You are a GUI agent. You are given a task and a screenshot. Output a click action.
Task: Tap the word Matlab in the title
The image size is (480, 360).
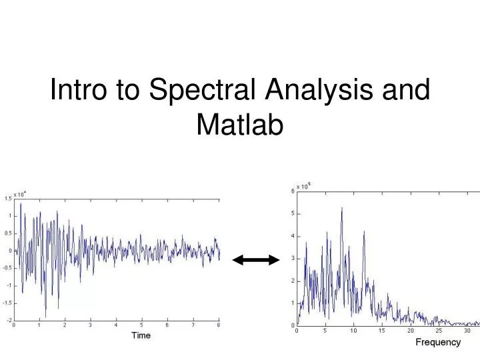[x=240, y=125]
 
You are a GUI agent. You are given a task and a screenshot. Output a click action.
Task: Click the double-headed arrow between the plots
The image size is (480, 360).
[x=256, y=260]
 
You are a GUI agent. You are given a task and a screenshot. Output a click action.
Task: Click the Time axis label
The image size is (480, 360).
[x=141, y=335]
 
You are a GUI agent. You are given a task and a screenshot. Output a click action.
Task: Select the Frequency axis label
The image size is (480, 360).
[x=438, y=342]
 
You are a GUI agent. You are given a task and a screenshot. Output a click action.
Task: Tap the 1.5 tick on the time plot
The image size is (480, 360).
[x=7, y=198]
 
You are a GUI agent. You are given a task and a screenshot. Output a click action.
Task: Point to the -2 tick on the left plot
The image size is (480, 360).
[x=9, y=321]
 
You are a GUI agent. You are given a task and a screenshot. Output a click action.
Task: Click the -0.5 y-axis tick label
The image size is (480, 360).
[x=7, y=268]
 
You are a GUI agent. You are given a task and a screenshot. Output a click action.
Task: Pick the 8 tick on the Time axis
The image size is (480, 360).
[x=219, y=326]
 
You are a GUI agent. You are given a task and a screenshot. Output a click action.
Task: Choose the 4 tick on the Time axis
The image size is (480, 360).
[x=116, y=326]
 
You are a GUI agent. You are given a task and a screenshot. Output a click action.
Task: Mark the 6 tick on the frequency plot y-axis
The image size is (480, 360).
[x=293, y=191]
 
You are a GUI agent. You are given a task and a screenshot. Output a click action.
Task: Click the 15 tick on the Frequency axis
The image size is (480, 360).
[x=382, y=331]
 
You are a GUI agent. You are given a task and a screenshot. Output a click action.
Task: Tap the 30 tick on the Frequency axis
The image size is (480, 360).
[x=467, y=331]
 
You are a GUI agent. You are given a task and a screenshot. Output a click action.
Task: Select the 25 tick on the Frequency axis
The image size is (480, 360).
[x=439, y=331]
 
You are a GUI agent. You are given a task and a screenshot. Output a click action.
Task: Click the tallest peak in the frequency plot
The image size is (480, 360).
[x=342, y=208]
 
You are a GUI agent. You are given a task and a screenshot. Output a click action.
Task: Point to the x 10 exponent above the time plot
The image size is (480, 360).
[x=19, y=194]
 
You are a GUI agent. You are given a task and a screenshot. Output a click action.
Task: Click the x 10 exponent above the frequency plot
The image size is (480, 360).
[x=303, y=187]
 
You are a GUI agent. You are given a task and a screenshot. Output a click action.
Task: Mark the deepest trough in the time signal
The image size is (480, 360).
[x=46, y=317]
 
